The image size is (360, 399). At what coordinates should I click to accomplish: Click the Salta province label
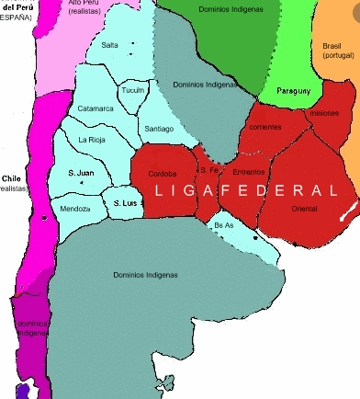click(109, 44)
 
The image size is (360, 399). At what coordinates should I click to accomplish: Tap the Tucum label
click(134, 90)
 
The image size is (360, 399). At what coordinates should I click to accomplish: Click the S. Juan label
click(81, 172)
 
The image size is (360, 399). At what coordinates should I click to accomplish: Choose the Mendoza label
click(75, 209)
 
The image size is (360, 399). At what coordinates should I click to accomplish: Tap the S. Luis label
click(123, 202)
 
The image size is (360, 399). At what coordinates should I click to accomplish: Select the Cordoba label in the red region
click(162, 172)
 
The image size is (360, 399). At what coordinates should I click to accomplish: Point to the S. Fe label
click(209, 170)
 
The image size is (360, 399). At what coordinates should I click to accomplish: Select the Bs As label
click(223, 224)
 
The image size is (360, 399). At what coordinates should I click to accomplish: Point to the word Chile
click(11, 178)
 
